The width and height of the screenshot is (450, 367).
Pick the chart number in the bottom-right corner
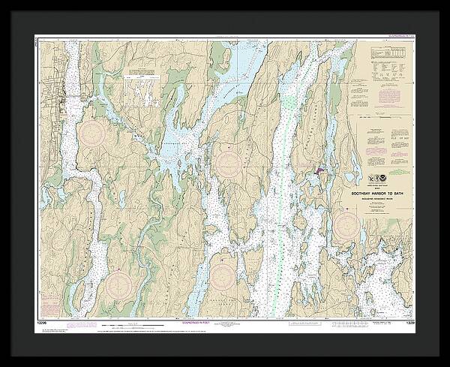(409, 322)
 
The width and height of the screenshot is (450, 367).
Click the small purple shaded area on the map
(321, 172)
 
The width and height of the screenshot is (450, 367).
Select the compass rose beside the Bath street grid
(94, 134)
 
